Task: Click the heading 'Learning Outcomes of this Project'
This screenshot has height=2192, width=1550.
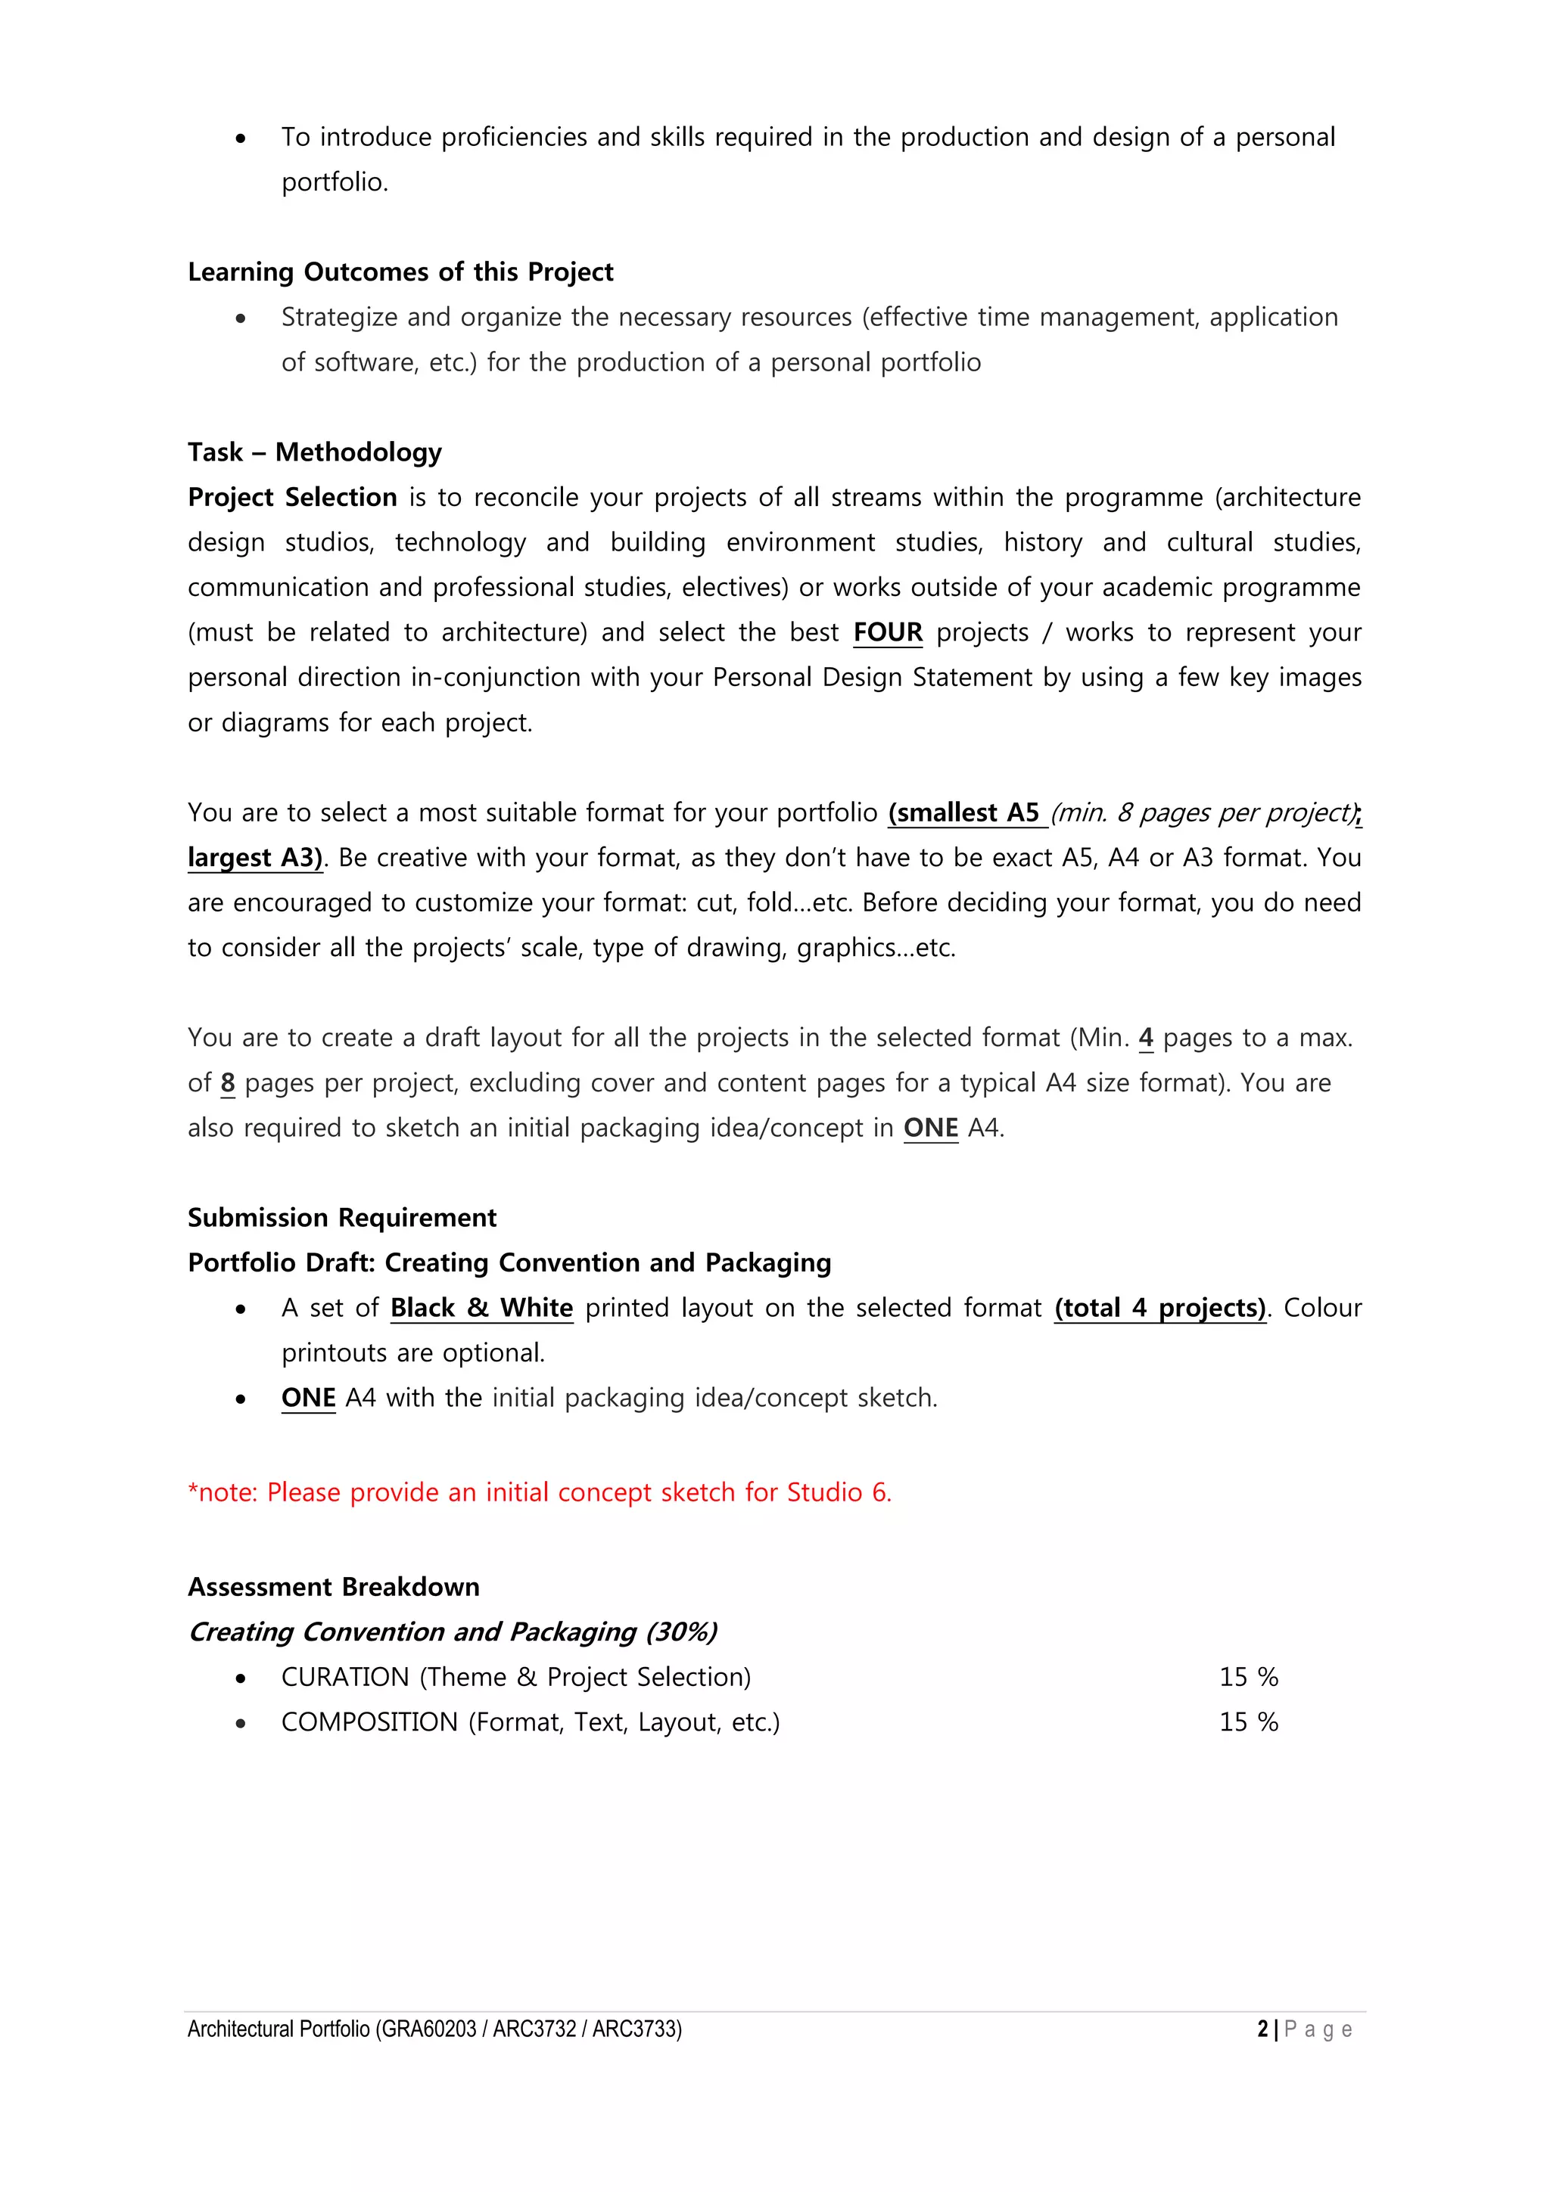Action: [x=400, y=272]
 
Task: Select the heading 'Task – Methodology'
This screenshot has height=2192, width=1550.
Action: [x=314, y=452]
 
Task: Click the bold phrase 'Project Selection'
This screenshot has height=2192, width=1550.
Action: [x=292, y=498]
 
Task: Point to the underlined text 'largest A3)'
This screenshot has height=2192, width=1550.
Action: [x=254, y=857]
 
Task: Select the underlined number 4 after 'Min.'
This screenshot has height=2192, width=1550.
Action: [x=1146, y=1038]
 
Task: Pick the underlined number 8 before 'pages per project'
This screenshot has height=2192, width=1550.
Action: [x=227, y=1082]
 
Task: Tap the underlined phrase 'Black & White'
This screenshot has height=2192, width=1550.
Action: [x=481, y=1308]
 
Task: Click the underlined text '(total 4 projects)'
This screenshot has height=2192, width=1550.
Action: [x=1159, y=1308]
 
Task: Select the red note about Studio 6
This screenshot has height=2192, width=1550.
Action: [x=540, y=1492]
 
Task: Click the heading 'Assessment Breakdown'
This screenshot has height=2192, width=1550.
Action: [x=333, y=1587]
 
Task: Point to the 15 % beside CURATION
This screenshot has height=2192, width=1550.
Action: [x=1248, y=1678]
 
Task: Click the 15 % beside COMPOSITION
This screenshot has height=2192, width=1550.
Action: [x=1248, y=1722]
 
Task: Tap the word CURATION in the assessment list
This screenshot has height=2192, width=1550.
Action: [x=345, y=1678]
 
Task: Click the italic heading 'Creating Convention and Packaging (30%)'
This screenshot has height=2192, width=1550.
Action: [x=453, y=1632]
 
